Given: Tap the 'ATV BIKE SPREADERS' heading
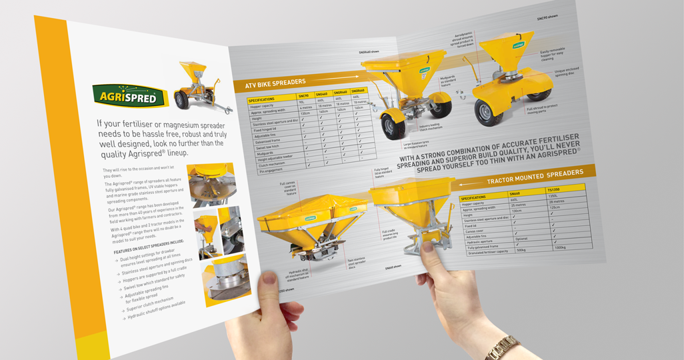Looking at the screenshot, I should (275, 82).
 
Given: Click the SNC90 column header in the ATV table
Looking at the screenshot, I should (303, 95).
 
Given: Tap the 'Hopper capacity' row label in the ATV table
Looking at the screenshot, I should (264, 105).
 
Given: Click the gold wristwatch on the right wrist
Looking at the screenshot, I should (501, 347).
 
